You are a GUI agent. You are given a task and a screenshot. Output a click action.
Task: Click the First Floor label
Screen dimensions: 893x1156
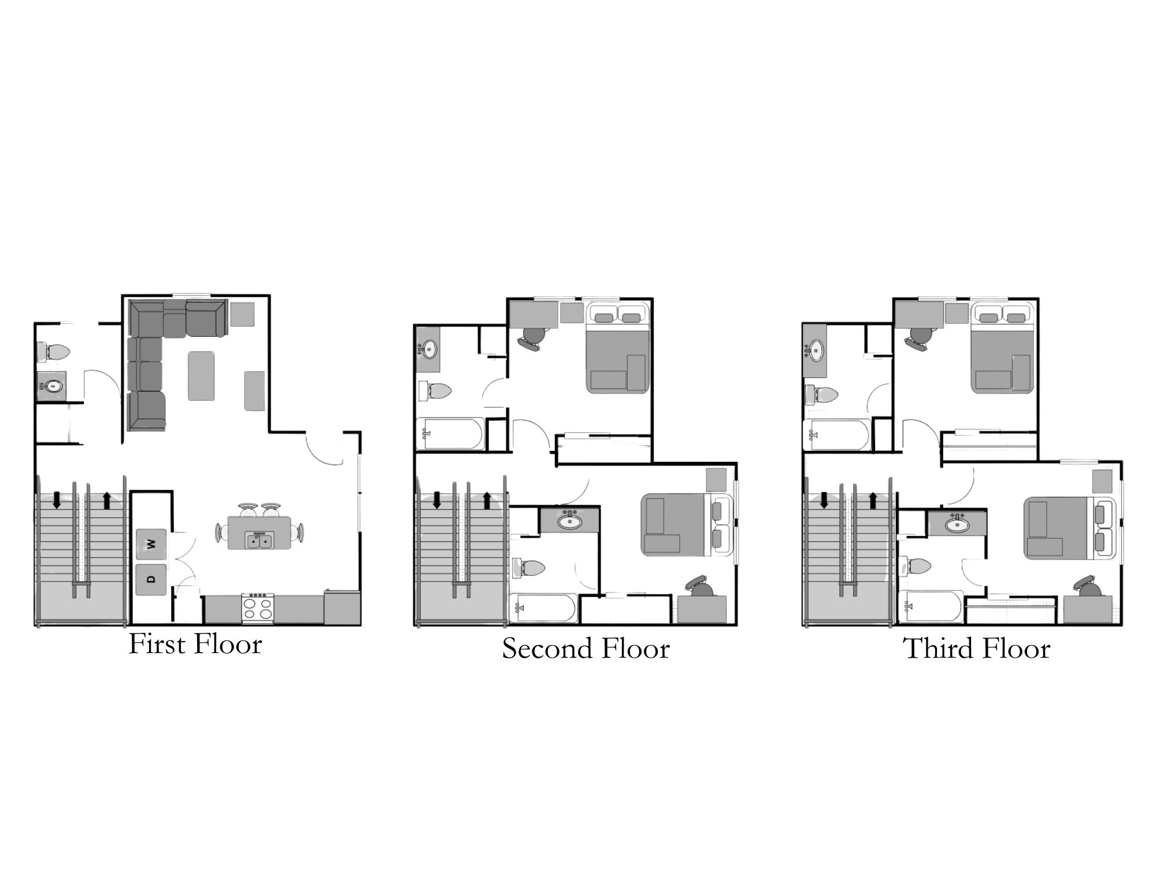195,644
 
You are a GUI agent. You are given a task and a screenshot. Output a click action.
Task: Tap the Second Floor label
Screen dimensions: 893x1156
586,649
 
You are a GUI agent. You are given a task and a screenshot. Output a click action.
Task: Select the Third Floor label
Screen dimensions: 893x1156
976,649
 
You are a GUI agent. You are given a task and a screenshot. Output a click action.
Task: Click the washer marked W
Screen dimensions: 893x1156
151,544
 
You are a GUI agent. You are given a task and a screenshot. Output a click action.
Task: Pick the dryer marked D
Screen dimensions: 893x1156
151,579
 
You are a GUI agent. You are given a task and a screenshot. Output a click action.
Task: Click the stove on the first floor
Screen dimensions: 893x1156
258,608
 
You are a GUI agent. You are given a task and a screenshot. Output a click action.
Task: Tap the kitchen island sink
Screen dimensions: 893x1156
259,541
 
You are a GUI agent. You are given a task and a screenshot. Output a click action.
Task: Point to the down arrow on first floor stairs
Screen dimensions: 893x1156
57,499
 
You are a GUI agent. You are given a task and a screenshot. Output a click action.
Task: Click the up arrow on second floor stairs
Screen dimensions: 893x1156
487,499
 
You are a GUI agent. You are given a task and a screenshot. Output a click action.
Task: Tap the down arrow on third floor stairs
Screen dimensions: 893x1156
824,499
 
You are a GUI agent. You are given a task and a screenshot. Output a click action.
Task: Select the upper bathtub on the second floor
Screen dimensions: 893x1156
452,434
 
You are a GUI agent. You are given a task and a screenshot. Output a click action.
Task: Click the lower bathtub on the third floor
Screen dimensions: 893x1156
935,606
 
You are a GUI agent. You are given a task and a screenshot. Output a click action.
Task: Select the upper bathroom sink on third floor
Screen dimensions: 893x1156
816,350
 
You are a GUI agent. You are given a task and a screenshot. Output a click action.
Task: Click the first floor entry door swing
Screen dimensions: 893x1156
324,449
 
